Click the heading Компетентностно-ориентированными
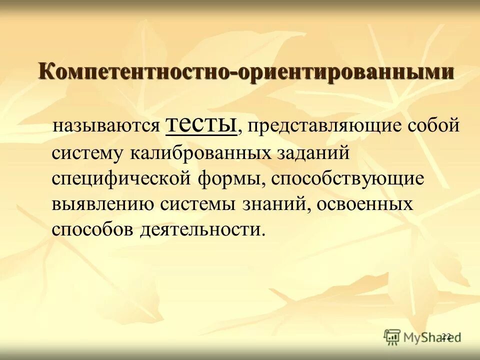(x=246, y=71)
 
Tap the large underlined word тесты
(x=201, y=123)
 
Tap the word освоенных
(x=365, y=204)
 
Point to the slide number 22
(x=446, y=336)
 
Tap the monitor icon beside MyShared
(x=392, y=336)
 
